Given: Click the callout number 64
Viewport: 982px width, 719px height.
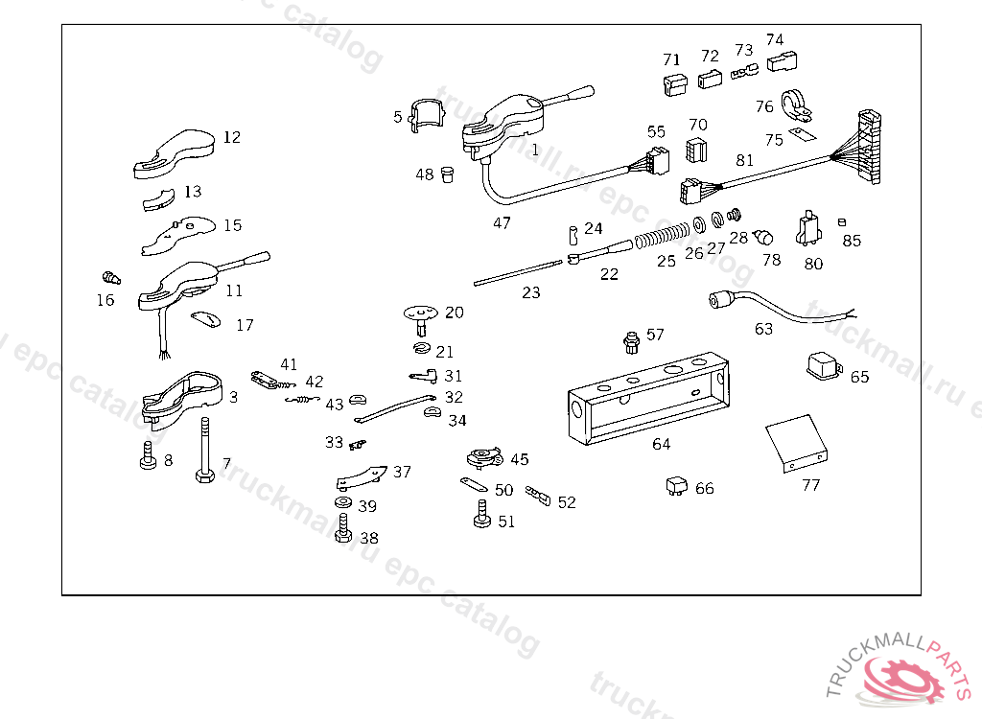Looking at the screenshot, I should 662,444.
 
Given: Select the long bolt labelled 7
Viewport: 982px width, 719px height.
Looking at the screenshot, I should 204,451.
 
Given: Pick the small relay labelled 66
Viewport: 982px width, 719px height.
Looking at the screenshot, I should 676,486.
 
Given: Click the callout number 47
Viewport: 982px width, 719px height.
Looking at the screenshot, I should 502,223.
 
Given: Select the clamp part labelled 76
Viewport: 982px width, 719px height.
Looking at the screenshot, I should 796,104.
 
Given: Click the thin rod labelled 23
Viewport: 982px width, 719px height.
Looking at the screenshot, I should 518,271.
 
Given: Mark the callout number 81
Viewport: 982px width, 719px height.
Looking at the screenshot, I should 744,160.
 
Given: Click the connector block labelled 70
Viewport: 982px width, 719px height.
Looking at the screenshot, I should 696,151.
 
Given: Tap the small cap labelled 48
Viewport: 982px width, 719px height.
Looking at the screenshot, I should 448,175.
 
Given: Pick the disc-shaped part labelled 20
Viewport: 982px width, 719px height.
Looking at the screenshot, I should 420,313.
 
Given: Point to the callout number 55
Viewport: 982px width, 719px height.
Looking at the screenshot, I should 656,131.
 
